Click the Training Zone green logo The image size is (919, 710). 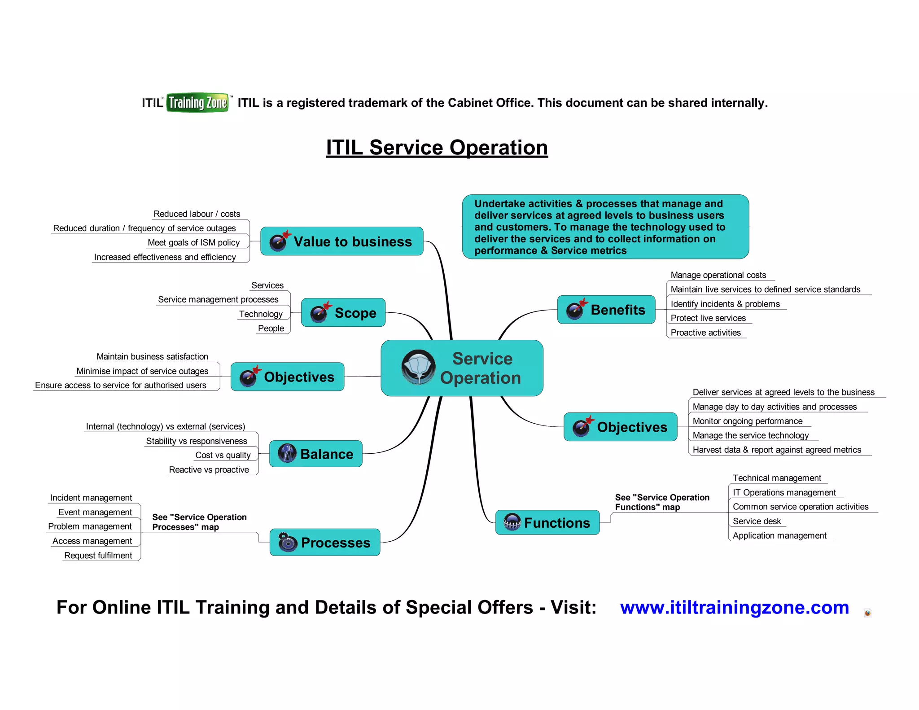click(x=197, y=103)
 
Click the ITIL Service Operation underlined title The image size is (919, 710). click(x=437, y=148)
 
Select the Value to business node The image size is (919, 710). click(x=341, y=241)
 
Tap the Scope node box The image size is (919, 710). click(x=343, y=313)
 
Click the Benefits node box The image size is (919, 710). click(x=606, y=310)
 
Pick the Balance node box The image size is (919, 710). click(x=315, y=454)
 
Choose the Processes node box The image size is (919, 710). click(x=324, y=543)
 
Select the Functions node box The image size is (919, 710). click(x=547, y=523)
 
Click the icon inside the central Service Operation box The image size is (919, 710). click(x=418, y=368)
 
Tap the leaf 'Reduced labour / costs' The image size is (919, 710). click(x=197, y=214)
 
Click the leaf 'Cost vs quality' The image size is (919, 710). click(x=223, y=455)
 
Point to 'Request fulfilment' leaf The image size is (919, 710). click(x=98, y=556)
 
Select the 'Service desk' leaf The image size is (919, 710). click(x=757, y=521)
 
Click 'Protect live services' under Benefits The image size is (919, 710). click(x=708, y=318)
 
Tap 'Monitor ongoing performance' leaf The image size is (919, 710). click(x=747, y=421)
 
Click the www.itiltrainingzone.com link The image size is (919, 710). click(x=734, y=608)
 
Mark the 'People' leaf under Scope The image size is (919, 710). click(x=271, y=329)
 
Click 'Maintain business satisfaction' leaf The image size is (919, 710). click(x=152, y=357)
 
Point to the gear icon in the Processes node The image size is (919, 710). click(x=287, y=542)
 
